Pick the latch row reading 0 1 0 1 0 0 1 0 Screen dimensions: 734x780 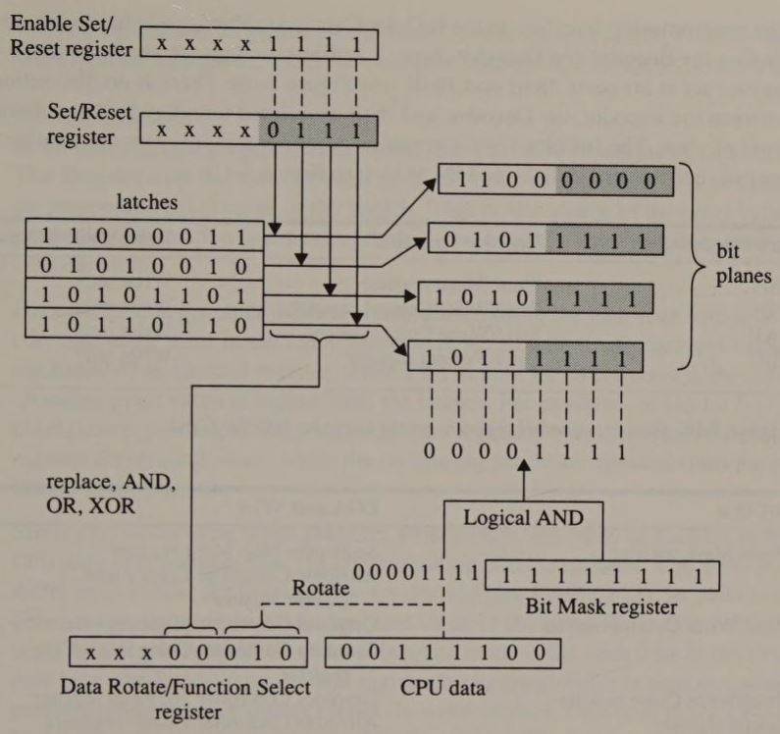(144, 264)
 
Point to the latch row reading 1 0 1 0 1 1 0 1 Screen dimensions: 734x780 (144, 294)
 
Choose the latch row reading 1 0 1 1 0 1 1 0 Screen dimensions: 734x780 (144, 325)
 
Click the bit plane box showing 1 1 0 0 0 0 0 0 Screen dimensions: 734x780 (556, 180)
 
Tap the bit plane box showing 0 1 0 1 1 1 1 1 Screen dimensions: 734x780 (546, 238)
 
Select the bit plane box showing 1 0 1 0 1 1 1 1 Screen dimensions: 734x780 (536, 295)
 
